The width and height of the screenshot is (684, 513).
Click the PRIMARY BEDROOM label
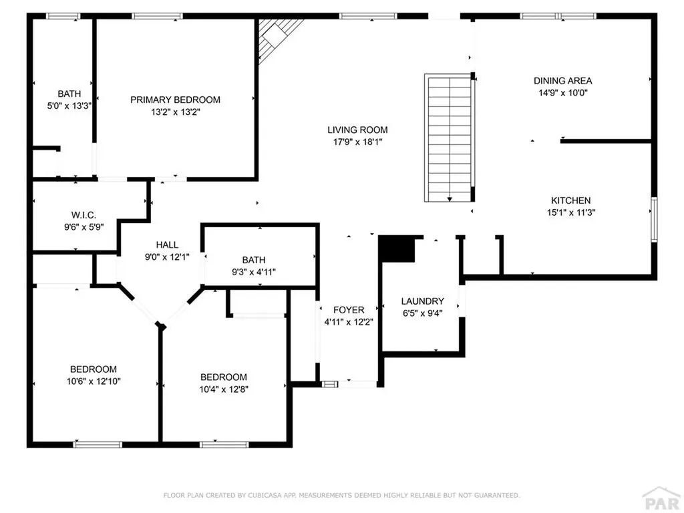(175, 100)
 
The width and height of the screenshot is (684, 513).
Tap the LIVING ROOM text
(357, 130)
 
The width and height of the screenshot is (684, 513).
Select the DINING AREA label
(562, 81)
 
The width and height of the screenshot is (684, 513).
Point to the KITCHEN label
(570, 200)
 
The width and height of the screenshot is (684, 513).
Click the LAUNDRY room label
(422, 301)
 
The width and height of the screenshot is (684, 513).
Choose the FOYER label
(349, 310)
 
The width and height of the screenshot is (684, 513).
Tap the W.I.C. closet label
(83, 215)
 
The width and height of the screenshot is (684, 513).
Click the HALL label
(167, 245)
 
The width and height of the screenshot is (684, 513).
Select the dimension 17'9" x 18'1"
(357, 142)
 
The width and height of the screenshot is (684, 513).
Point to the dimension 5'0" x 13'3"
(69, 106)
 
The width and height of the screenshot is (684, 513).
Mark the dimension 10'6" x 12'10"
(94, 381)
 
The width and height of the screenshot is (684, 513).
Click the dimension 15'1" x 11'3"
(570, 212)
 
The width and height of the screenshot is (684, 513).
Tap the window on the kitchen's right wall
(653, 220)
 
